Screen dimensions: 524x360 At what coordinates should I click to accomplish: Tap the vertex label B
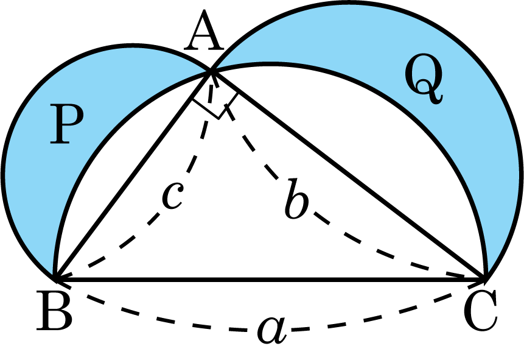(55, 311)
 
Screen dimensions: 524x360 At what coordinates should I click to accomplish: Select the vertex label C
(481, 311)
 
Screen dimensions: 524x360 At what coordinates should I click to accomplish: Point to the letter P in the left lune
(66, 124)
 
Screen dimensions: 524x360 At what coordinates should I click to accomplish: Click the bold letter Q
(424, 79)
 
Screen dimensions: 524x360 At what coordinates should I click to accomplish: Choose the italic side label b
(297, 199)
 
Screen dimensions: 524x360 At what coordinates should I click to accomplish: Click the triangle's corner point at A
(211, 71)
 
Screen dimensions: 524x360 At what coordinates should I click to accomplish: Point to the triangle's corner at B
(55, 279)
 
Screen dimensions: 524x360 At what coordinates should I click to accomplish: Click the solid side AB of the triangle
(133, 175)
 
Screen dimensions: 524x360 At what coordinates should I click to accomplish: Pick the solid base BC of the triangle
(270, 279)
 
